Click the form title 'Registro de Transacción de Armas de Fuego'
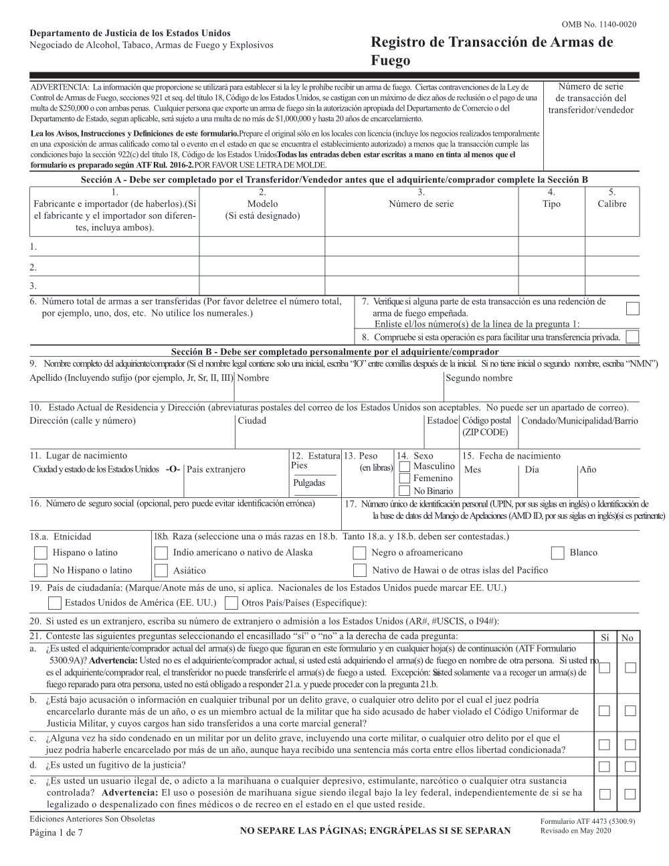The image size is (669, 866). (x=490, y=51)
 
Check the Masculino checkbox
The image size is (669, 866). (x=404, y=466)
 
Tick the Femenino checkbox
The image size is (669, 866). (x=404, y=479)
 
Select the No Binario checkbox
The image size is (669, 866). (x=404, y=491)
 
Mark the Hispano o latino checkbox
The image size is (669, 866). (x=41, y=553)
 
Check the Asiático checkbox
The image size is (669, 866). (x=161, y=571)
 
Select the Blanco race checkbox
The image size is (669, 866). (x=558, y=553)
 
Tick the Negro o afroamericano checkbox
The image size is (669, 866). (x=360, y=553)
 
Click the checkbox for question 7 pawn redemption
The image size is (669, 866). (x=632, y=309)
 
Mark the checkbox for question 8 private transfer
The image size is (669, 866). (x=632, y=337)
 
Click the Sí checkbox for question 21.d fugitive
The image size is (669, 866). (x=604, y=766)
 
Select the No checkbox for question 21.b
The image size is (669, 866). (x=630, y=711)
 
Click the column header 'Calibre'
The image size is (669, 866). (x=611, y=204)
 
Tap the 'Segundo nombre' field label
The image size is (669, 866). (x=479, y=378)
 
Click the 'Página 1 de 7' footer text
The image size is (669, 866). (x=57, y=832)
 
